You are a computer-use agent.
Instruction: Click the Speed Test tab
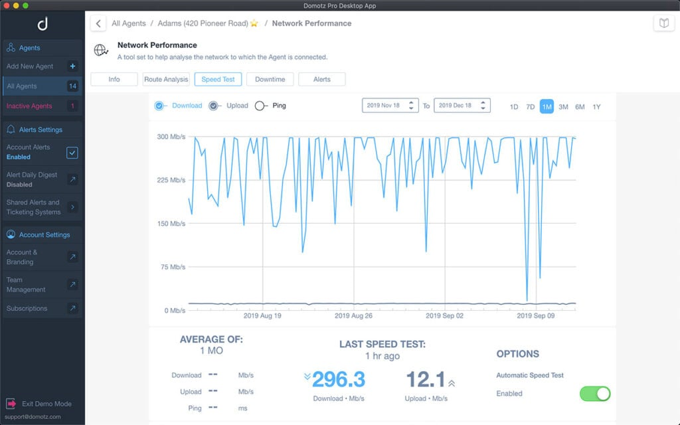[x=218, y=79]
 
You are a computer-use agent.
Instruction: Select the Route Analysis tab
[x=166, y=79]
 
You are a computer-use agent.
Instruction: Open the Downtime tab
[x=270, y=79]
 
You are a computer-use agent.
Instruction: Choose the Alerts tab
[x=321, y=79]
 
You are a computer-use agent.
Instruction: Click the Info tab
[x=114, y=79]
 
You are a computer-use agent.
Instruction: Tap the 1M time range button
[x=547, y=106]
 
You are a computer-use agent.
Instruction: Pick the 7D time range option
[x=530, y=106]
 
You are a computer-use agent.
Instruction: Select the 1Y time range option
[x=596, y=106]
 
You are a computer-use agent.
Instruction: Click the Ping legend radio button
[x=260, y=106]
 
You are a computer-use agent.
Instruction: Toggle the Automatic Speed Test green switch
[x=594, y=393]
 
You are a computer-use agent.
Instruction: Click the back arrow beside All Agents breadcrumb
[x=98, y=23]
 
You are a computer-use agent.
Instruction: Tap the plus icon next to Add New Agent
[x=72, y=66]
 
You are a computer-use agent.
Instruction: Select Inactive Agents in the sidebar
[x=29, y=106]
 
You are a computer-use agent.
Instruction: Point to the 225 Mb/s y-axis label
[x=169, y=180]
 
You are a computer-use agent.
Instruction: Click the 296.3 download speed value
[x=339, y=379]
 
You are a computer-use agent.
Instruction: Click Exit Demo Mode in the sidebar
[x=46, y=404]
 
